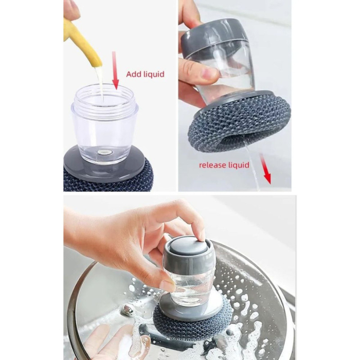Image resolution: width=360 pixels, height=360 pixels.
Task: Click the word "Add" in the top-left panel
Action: tap(133, 74)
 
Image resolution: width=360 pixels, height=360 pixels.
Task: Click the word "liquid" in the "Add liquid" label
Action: tap(153, 74)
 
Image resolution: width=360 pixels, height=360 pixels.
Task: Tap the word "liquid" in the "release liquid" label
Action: tap(239, 165)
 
